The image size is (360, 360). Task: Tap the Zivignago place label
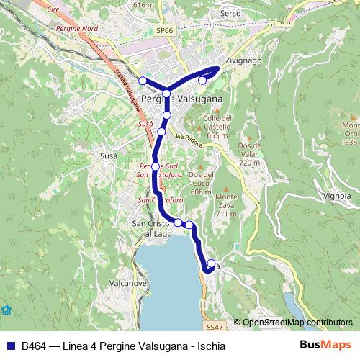[x=243, y=61]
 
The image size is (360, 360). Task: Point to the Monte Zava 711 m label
[x=225, y=205]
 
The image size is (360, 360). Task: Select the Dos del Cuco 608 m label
[x=201, y=183]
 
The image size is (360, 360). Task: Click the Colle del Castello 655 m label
[x=217, y=126]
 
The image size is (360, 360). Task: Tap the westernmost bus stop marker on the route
[x=143, y=80]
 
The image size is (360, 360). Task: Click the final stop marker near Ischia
[x=211, y=264]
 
